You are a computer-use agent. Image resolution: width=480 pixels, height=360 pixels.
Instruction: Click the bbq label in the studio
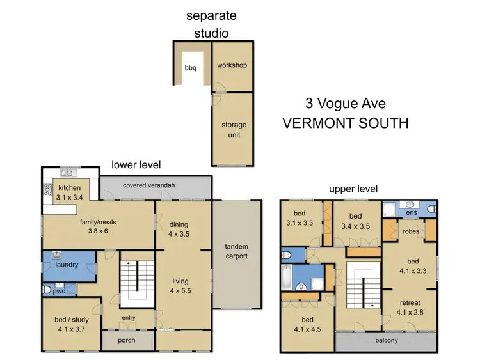[x=190, y=67]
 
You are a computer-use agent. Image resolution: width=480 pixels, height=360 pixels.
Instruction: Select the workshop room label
[x=232, y=65]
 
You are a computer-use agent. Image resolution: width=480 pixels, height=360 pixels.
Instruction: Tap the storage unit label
[x=234, y=130]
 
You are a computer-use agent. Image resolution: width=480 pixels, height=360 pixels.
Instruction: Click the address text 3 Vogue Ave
[x=345, y=103]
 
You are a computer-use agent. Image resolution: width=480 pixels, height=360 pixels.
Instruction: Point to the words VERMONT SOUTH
[x=345, y=123]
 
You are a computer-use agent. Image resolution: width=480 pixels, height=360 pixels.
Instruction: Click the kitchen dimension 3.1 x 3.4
[x=69, y=198]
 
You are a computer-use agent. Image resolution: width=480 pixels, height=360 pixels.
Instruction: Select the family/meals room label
[x=97, y=222]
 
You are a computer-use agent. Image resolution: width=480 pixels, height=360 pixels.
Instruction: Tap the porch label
[x=127, y=340]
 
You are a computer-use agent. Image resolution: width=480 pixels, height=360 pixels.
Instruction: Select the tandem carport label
[x=237, y=251]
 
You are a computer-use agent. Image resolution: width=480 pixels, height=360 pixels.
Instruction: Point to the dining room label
[x=179, y=224]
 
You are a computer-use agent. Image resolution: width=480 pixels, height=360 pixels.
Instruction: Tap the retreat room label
[x=409, y=304]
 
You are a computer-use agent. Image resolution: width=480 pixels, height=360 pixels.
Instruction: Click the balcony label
[x=387, y=340]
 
